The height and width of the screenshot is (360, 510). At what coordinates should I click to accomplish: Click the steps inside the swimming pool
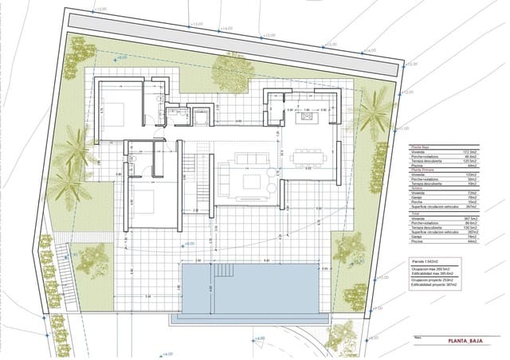(196, 288)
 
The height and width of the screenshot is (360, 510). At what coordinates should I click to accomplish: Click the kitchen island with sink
(306, 118)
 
